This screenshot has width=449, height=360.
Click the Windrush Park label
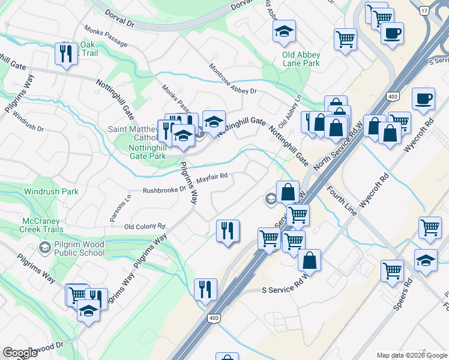pos(51,192)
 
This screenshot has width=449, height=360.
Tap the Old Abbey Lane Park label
pos(301,59)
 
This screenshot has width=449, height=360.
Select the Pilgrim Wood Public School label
pos(79,248)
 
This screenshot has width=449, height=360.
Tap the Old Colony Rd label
pos(145,226)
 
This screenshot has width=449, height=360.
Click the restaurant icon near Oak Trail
pos(64,53)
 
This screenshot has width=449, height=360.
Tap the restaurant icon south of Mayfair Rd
pos(227,230)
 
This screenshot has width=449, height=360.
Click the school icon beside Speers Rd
pos(426,260)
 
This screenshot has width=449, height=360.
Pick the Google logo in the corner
pos(20,353)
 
